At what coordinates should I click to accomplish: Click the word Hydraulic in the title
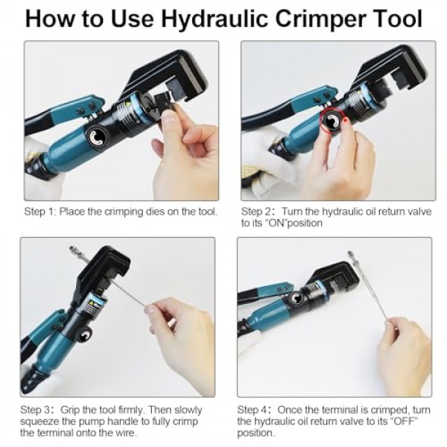(x=215, y=19)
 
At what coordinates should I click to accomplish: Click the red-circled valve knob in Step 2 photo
(x=332, y=121)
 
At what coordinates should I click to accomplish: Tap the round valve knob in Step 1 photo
(x=97, y=137)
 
